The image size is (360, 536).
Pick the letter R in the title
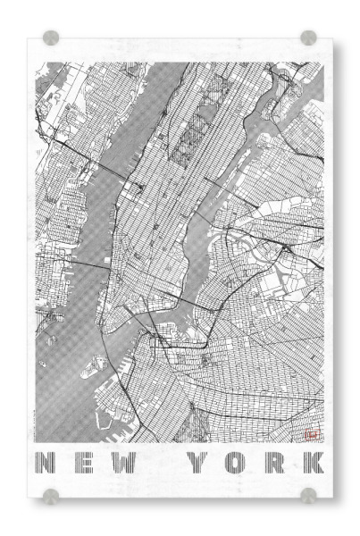276,464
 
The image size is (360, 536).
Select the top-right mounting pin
309,38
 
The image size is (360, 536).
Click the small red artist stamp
313,434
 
